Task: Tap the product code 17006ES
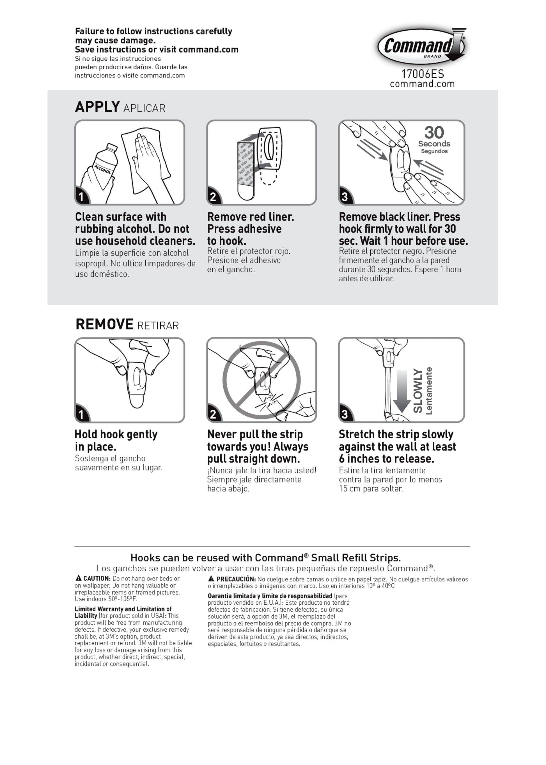(x=423, y=74)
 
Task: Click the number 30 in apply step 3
(x=434, y=132)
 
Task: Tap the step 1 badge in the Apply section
(x=81, y=197)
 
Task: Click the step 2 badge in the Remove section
(x=213, y=414)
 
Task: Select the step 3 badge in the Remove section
(x=345, y=414)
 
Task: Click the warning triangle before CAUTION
(x=79, y=578)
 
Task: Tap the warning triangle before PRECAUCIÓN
(x=211, y=579)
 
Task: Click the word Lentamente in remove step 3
(x=429, y=391)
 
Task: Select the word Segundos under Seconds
(x=434, y=151)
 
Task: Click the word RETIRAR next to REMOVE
(x=158, y=326)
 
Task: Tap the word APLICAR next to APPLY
(x=144, y=108)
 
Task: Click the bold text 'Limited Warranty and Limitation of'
(x=123, y=609)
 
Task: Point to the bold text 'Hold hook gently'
(x=116, y=434)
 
